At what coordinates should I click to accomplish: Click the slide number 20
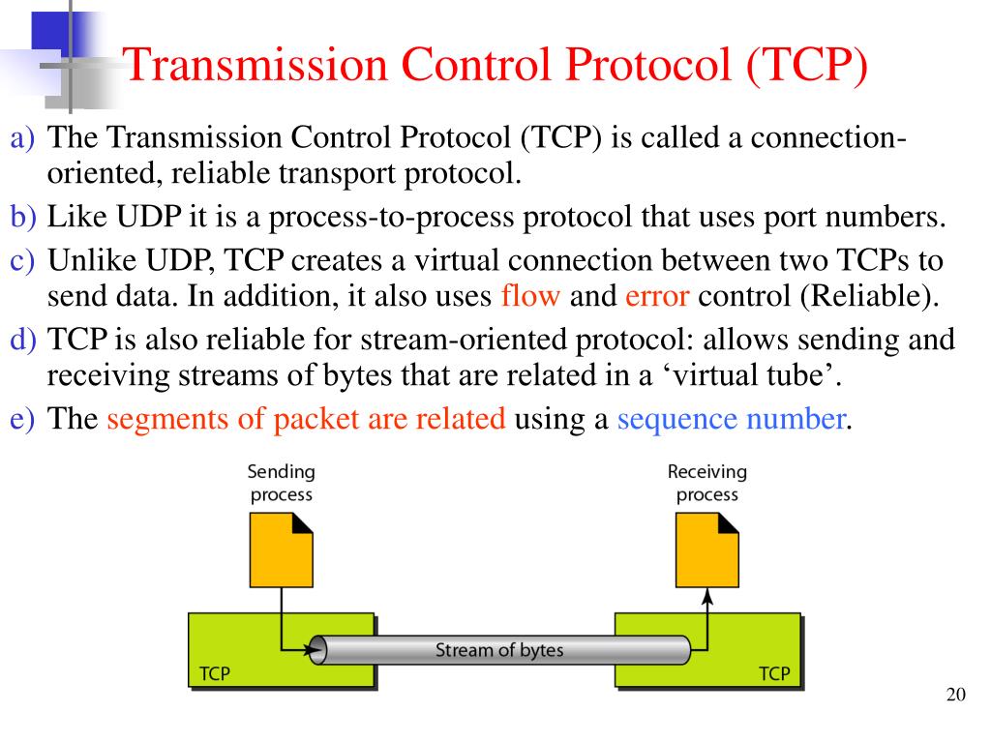955,695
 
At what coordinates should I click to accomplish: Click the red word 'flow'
530,296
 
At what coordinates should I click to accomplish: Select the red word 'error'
656,296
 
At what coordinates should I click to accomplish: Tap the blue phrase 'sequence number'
732,420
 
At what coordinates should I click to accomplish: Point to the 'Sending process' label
282,483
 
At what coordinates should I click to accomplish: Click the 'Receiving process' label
706,483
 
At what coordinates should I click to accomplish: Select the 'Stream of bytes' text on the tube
498,649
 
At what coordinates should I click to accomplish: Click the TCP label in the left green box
214,674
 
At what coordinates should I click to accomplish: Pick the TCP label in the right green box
773,674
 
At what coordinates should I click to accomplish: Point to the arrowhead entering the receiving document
706,595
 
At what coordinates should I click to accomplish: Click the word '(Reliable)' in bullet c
869,296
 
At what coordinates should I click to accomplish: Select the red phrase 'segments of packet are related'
306,420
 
